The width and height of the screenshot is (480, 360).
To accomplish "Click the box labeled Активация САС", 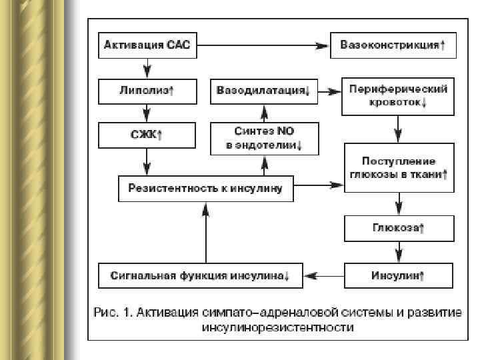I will point(147,46).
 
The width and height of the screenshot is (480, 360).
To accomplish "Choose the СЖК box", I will point(147,135).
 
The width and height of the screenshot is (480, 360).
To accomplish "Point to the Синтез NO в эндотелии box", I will point(265,140).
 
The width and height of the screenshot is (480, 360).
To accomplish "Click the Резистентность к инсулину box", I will point(205,189).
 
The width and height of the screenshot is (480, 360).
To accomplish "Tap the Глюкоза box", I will point(399,228).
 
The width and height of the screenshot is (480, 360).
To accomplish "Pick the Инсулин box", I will point(399,274).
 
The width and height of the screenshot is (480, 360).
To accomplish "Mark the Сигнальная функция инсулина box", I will point(200,274).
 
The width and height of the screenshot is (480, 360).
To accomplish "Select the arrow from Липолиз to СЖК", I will point(147,113).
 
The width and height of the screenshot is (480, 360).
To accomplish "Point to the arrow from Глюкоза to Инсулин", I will point(399,251).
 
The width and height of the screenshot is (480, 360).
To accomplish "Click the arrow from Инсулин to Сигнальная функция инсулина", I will point(324,274).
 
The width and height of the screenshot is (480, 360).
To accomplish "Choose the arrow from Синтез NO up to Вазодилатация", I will point(265,113).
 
